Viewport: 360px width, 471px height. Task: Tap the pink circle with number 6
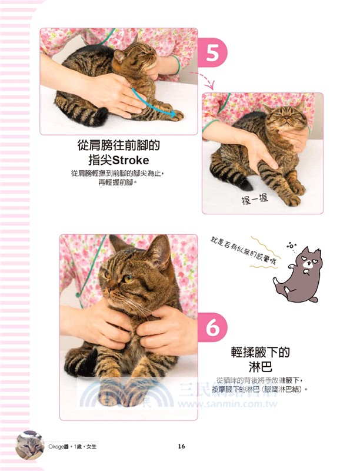(216, 329)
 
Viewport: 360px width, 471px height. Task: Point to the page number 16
(181, 446)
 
